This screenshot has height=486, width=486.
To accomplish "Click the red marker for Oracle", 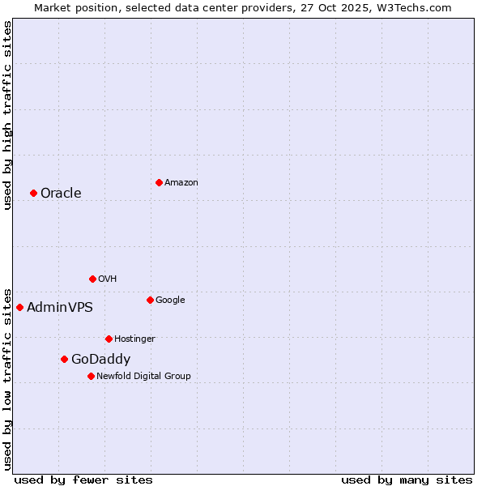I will coord(33,193).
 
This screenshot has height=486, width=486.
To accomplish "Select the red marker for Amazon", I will coord(159,182).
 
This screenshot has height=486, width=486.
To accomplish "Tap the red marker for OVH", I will coord(92,279).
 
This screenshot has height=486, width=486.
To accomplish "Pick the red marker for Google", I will coord(150,300).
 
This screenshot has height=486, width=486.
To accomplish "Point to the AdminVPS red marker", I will coord(19,307).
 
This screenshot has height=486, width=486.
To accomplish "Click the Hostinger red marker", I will coord(109,339).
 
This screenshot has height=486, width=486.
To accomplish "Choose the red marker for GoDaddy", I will coord(64,359).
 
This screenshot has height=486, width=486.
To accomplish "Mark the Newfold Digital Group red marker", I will coord(91,376).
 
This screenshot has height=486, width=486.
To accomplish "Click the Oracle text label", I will coord(61,193).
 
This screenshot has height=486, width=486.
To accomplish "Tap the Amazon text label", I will coord(181,182).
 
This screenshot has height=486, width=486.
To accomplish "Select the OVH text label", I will coord(108,279).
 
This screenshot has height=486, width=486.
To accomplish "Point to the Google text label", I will coord(170,300).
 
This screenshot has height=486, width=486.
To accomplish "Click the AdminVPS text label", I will coord(60,307).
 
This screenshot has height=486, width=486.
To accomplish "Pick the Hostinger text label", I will coord(134,339).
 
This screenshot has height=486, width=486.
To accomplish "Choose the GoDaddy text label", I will coord(100,359).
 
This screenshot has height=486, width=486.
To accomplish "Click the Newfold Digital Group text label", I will coord(143,376).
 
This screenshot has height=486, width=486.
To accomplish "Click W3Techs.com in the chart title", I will coord(418,8).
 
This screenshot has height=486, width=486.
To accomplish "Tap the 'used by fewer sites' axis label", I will coord(83,480).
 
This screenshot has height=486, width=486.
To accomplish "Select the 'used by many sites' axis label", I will coord(407,480).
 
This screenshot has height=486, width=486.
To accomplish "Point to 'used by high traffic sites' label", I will coord(8,115).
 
